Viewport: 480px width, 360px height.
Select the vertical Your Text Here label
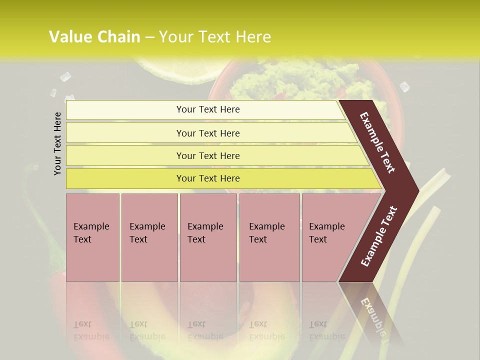coord(57,143)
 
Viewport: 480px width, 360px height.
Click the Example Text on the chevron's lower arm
coord(379,236)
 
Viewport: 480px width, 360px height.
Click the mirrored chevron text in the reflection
coord(373,318)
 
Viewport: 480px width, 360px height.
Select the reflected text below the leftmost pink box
coord(91,330)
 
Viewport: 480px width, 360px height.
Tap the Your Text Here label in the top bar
coord(208,109)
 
